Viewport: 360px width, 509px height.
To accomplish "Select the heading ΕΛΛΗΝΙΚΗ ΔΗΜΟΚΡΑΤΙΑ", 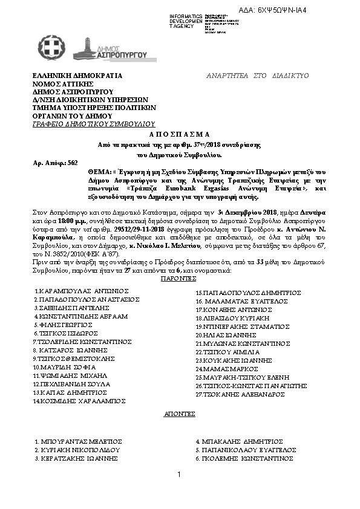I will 77,76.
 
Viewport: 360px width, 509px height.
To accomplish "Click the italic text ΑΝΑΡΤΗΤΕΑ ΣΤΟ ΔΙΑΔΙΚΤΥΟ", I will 258,76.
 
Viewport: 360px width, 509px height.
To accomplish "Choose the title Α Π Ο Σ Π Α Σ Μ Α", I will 179,134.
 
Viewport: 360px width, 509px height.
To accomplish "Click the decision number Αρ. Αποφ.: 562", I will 55,163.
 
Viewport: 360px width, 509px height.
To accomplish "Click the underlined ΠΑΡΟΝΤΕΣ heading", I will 179,280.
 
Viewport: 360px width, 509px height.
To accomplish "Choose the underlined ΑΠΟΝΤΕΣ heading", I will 179,415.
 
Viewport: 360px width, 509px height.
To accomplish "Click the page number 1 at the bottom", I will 180,476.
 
